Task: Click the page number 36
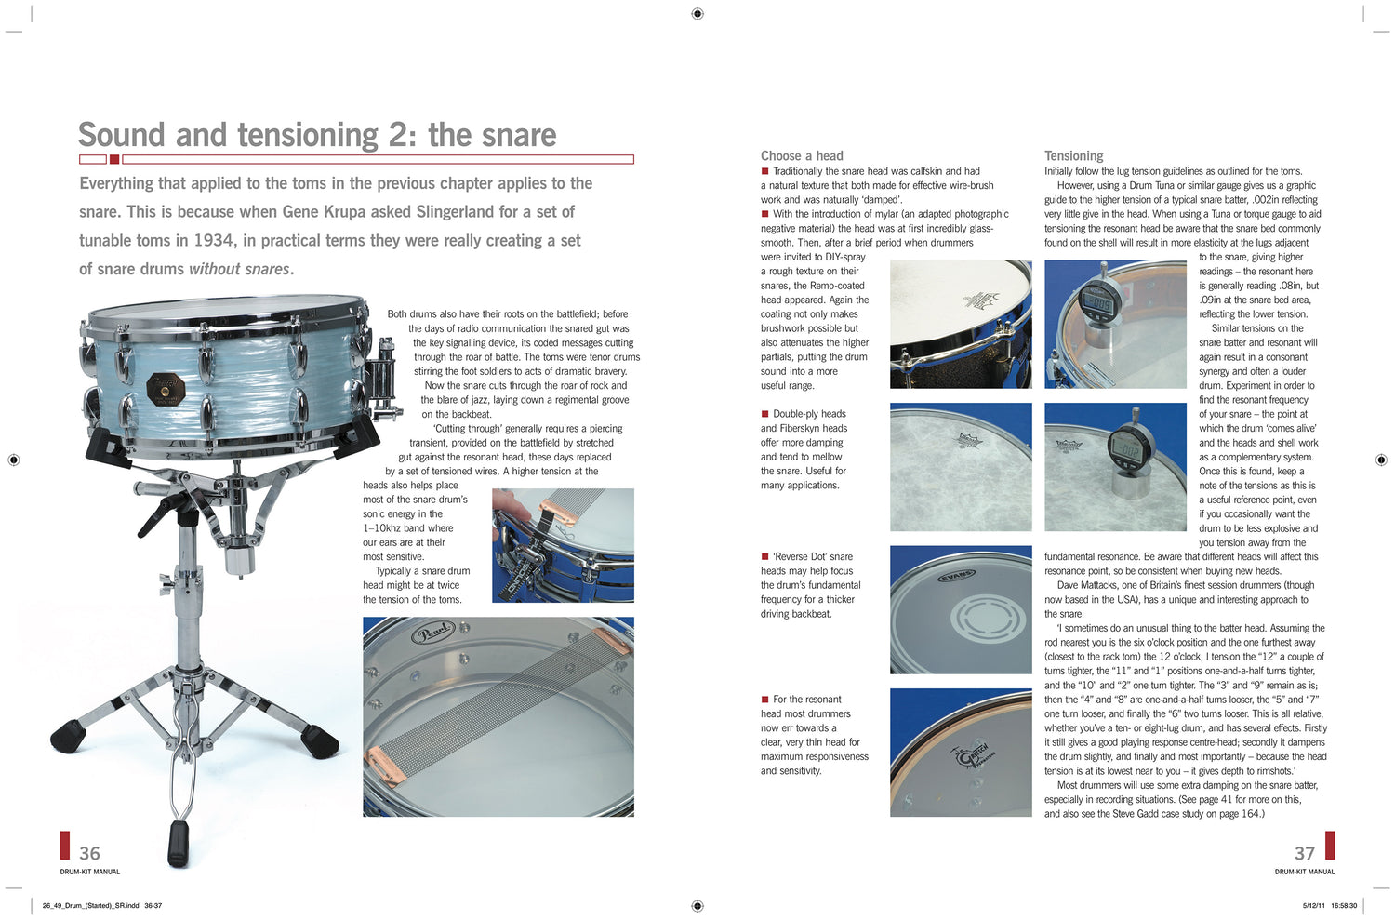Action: point(89,853)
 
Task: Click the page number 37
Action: point(1305,853)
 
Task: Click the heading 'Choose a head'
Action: point(802,155)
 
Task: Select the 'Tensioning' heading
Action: point(1073,155)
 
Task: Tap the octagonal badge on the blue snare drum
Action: point(166,389)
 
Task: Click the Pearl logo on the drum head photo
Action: point(432,633)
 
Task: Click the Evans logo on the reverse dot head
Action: point(956,576)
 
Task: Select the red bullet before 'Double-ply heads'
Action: point(764,414)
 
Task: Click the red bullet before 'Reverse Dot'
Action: point(764,556)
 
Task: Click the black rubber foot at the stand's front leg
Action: point(178,842)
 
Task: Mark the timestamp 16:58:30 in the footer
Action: point(1343,905)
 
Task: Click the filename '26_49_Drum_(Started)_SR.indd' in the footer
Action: point(90,905)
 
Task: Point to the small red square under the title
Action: point(114,159)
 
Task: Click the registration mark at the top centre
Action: point(697,13)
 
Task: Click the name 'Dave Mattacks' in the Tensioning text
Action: point(1088,585)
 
